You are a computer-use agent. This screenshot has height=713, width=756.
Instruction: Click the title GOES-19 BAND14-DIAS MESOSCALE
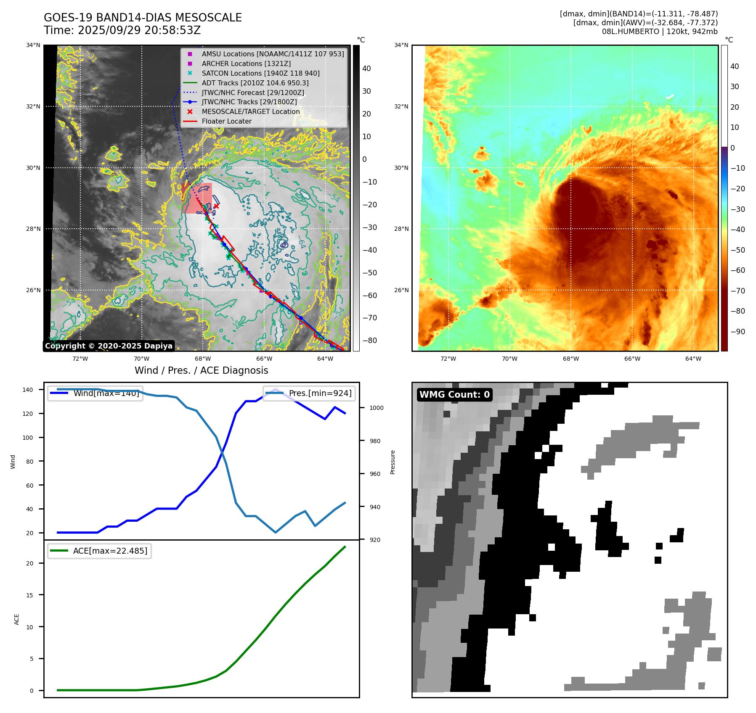tap(143, 18)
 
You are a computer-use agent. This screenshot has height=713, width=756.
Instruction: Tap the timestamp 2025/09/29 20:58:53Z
tap(139, 31)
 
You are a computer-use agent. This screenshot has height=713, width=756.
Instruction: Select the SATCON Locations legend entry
tap(260, 73)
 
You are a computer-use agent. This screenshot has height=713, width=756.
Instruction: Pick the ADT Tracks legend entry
tap(255, 83)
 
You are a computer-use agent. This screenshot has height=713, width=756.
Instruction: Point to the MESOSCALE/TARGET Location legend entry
tap(251, 111)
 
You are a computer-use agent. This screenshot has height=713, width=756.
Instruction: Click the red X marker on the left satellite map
tap(216, 206)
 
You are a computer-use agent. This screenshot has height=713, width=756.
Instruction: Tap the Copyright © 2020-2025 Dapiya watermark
tap(109, 346)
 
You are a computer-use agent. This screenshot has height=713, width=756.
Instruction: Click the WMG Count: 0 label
tap(454, 395)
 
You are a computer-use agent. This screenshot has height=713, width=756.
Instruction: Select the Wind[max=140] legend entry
tap(106, 393)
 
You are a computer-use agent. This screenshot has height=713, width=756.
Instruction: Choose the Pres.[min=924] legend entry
tap(320, 393)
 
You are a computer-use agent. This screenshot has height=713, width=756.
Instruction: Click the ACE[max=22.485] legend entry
tap(110, 551)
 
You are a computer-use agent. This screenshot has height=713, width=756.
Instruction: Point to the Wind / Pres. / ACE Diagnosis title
tap(201, 370)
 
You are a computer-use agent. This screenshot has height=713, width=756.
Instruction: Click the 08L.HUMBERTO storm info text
tap(659, 32)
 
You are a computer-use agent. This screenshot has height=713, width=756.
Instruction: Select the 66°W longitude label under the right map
tap(632, 359)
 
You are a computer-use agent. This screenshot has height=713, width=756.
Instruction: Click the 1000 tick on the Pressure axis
tap(376, 408)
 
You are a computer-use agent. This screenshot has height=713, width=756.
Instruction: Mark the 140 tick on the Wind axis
tap(28, 390)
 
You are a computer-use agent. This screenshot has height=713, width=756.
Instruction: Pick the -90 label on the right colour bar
tap(737, 332)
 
